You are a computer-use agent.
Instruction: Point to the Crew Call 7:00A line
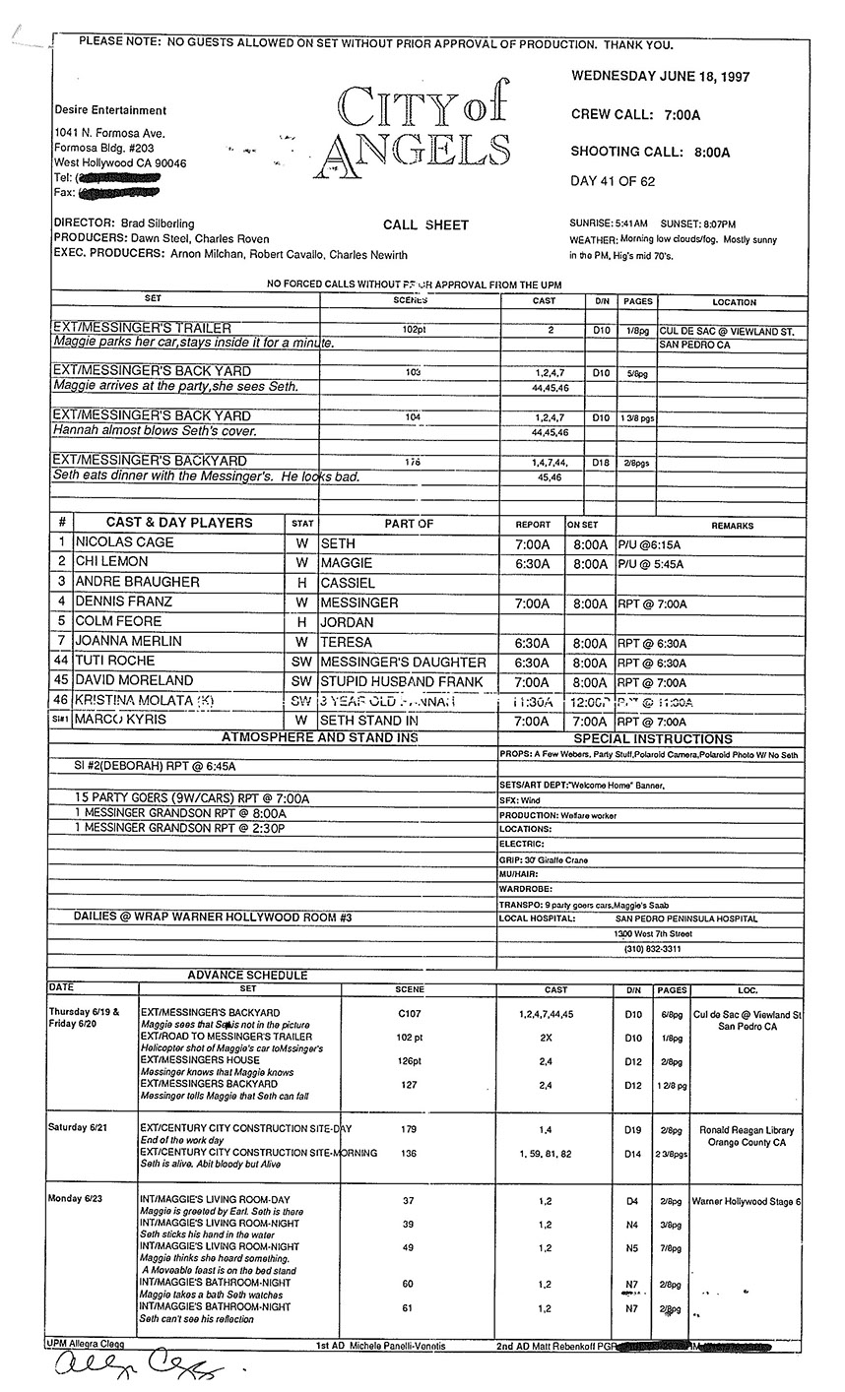click(x=635, y=115)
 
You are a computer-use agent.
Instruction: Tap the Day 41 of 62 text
click(x=613, y=181)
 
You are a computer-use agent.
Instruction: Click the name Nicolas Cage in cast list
click(x=124, y=543)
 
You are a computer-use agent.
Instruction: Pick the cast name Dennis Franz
click(x=123, y=601)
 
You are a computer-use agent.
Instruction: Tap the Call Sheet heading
click(x=425, y=225)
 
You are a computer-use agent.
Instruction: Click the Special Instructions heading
click(x=653, y=738)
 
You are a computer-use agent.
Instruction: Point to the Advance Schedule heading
click(x=247, y=975)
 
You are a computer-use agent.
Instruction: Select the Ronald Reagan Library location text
click(x=746, y=1129)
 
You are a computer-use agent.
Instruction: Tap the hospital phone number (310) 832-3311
click(x=652, y=949)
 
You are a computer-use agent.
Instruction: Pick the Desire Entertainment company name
click(x=110, y=111)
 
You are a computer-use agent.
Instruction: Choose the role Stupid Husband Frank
click(x=402, y=680)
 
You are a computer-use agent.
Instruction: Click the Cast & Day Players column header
click(x=179, y=524)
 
